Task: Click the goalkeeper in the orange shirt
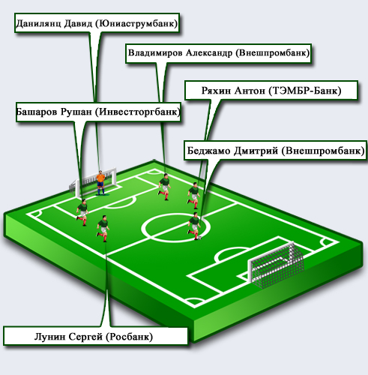[100, 183]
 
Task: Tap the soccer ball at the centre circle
[199, 238]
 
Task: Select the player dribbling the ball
[194, 226]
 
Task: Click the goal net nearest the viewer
[276, 265]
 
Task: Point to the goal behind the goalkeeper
[93, 182]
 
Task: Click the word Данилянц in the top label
[38, 24]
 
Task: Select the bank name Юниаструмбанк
[136, 23]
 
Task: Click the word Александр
[209, 53]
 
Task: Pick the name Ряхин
[216, 91]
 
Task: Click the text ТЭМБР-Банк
[305, 91]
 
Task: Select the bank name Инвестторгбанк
[137, 112]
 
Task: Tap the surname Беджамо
[209, 151]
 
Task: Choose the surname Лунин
[50, 337]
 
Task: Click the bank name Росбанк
[129, 337]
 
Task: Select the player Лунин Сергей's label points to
[103, 229]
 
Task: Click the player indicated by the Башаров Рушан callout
[82, 212]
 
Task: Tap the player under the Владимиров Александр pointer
[164, 187]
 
